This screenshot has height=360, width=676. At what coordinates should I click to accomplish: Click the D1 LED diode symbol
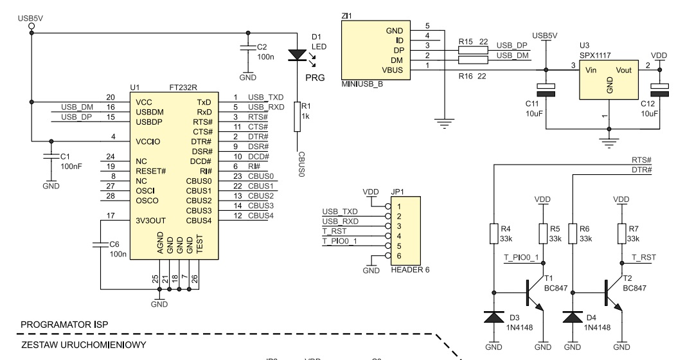click(x=297, y=55)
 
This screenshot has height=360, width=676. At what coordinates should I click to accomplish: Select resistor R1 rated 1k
click(x=297, y=116)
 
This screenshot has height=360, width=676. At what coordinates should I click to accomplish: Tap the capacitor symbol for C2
click(x=247, y=47)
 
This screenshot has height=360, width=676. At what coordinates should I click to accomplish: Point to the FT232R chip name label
click(x=183, y=87)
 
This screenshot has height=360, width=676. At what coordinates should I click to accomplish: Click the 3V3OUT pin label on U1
click(x=151, y=221)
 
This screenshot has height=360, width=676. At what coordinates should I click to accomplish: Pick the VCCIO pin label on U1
click(x=148, y=142)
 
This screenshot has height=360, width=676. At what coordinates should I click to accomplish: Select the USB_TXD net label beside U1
click(x=265, y=98)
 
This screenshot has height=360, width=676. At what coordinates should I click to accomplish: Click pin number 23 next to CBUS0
click(x=238, y=176)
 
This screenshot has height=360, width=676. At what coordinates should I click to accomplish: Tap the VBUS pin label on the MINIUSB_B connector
click(x=393, y=70)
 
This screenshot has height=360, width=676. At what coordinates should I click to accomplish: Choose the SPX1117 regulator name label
click(x=595, y=55)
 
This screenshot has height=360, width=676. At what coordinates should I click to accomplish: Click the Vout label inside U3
click(x=623, y=70)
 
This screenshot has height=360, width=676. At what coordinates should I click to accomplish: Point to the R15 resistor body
click(x=473, y=50)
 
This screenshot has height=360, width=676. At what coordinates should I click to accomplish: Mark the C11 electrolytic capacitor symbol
click(x=546, y=90)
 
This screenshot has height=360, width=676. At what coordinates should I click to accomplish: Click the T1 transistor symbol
click(x=534, y=294)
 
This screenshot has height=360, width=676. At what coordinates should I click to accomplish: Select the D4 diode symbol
click(x=573, y=318)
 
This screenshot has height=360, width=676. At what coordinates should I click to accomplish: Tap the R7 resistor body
click(x=621, y=233)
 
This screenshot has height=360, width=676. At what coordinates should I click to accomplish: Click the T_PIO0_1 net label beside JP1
click(x=340, y=241)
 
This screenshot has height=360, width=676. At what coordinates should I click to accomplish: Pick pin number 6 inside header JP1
click(x=399, y=256)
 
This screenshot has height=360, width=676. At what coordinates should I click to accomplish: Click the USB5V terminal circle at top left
click(x=31, y=27)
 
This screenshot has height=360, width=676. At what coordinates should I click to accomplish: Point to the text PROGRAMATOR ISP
click(x=64, y=325)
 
